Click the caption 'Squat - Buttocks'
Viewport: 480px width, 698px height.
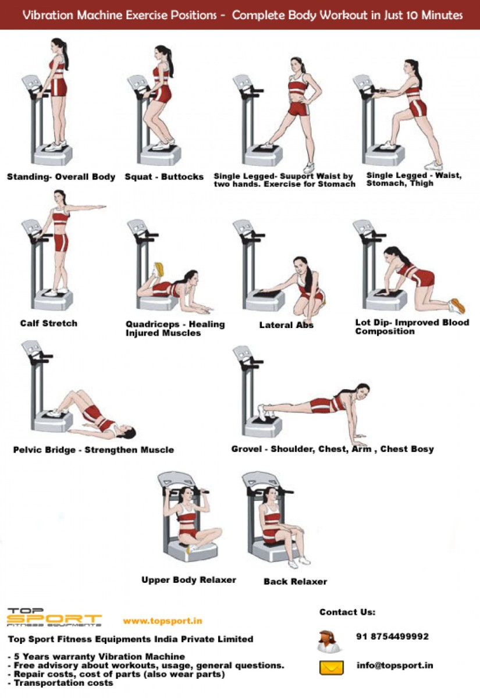(x=164, y=177)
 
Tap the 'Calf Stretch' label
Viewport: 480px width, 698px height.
(x=48, y=323)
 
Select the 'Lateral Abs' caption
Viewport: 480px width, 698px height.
(x=286, y=325)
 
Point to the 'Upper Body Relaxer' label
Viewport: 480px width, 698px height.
(x=189, y=580)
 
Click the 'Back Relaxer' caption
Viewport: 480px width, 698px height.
(x=295, y=582)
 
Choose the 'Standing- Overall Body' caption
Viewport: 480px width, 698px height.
(x=61, y=177)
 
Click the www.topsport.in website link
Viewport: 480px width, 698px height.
(x=162, y=621)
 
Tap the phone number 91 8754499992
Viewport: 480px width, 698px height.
(x=392, y=637)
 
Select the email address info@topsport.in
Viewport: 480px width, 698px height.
(x=394, y=665)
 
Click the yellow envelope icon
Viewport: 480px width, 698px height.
(x=331, y=667)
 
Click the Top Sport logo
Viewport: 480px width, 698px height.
(x=54, y=617)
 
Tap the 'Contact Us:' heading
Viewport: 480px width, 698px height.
(x=347, y=612)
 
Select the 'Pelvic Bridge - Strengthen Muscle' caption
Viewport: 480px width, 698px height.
(x=93, y=450)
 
